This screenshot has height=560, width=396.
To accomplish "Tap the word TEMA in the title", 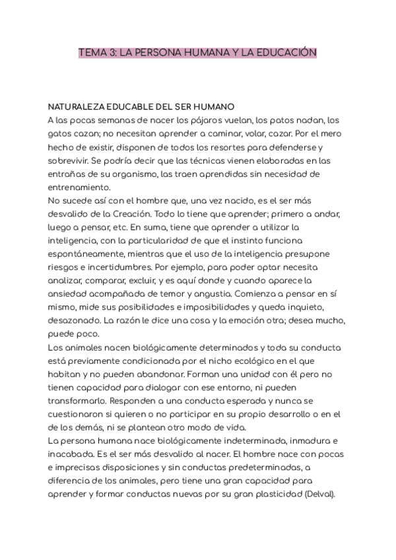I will pos(90,52).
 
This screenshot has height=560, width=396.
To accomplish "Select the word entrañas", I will pos(69,174).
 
